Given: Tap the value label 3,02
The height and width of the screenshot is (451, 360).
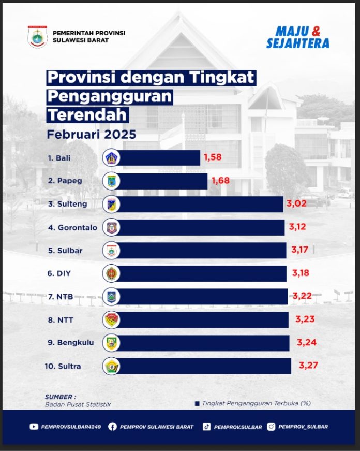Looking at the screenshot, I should pyautogui.click(x=296, y=203).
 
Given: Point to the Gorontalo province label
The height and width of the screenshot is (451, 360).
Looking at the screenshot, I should pyautogui.click(x=72, y=227).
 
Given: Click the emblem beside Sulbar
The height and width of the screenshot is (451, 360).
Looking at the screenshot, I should pyautogui.click(x=112, y=250).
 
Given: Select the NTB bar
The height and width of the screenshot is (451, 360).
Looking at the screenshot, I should pyautogui.click(x=202, y=297).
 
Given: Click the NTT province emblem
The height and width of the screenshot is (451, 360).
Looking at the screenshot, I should pyautogui.click(x=112, y=319).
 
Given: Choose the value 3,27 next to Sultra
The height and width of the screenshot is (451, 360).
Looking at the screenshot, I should pyautogui.click(x=308, y=366).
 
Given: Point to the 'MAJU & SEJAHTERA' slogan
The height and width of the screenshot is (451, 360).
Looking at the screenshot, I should pyautogui.click(x=297, y=37).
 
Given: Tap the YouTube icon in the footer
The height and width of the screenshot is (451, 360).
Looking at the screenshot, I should pyautogui.click(x=34, y=427).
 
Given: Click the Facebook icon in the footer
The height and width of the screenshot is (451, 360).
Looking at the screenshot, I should pyautogui.click(x=112, y=427).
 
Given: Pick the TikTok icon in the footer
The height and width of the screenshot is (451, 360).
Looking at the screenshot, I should pyautogui.click(x=206, y=427).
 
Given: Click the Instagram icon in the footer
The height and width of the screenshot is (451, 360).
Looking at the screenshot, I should pyautogui.click(x=271, y=427).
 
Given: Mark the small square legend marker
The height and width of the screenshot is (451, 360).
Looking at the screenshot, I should pyautogui.click(x=197, y=403).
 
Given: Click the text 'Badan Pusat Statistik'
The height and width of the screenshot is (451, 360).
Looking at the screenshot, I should pyautogui.click(x=78, y=404).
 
